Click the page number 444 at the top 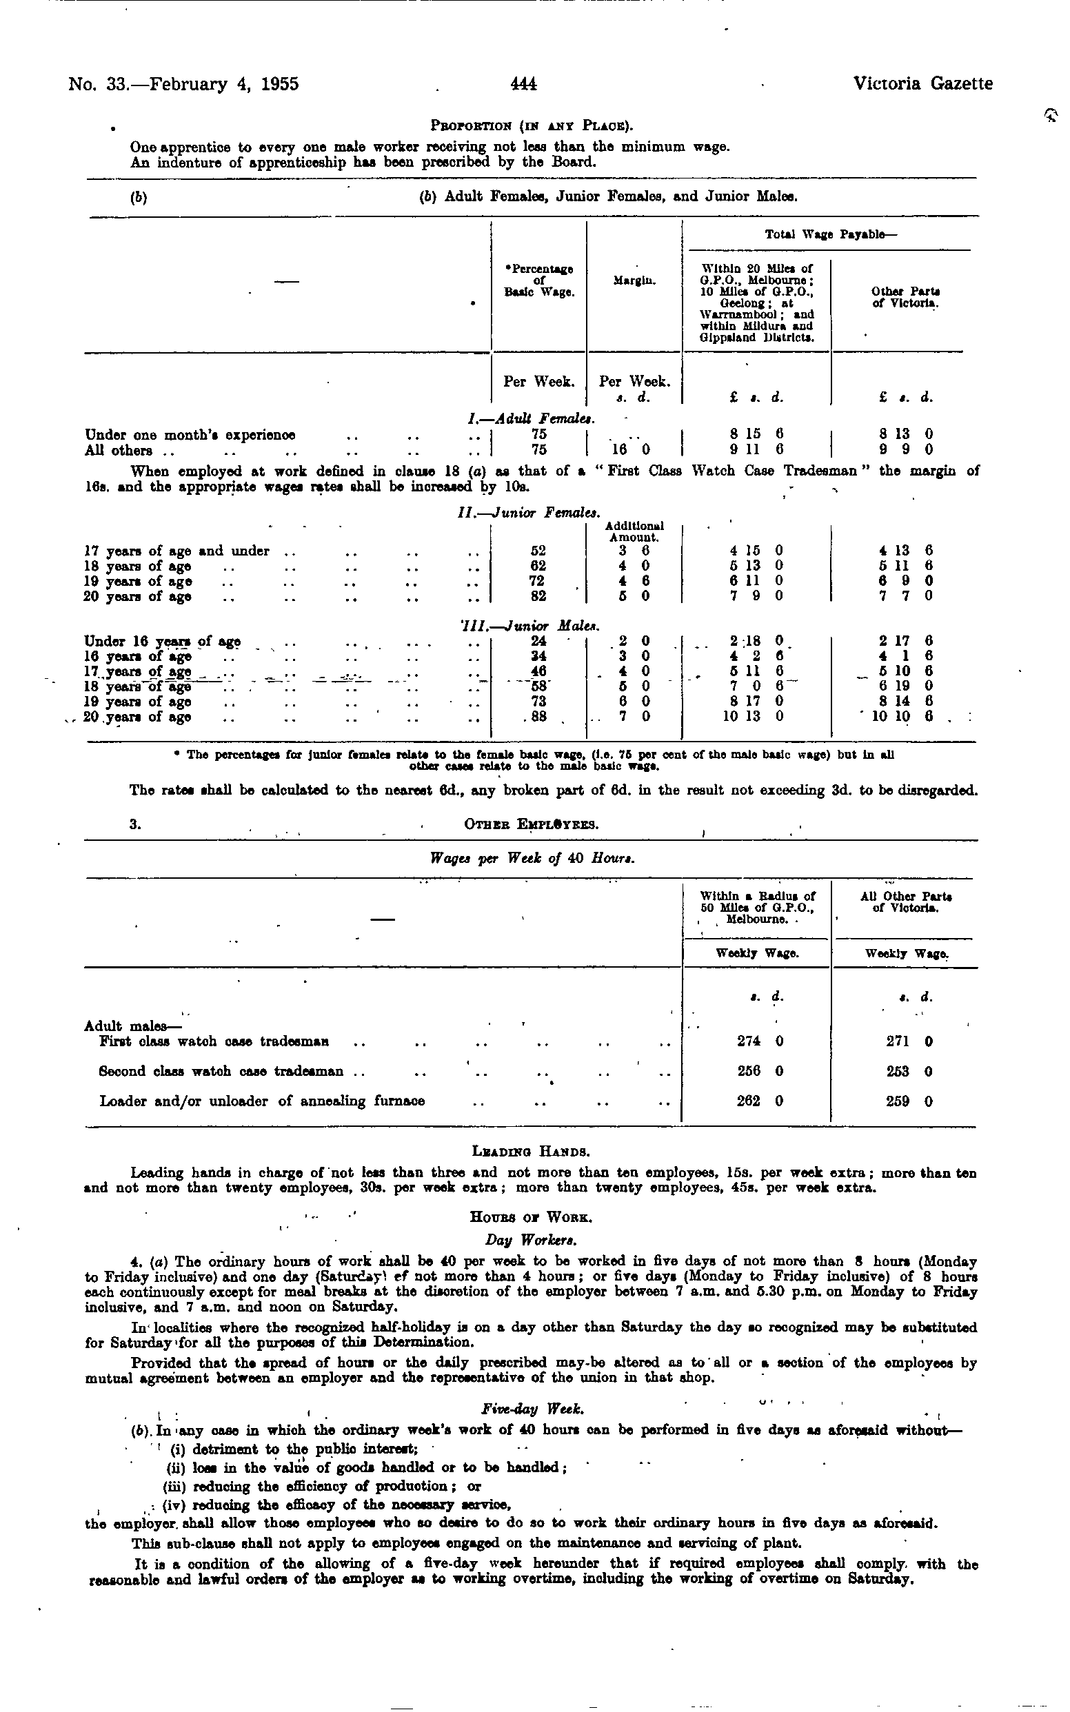tap(524, 84)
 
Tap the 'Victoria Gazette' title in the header tap(922, 83)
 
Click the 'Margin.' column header tap(634, 280)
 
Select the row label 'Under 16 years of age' tap(162, 642)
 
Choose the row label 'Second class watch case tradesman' tap(221, 1071)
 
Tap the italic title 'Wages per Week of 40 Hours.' tap(532, 859)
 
